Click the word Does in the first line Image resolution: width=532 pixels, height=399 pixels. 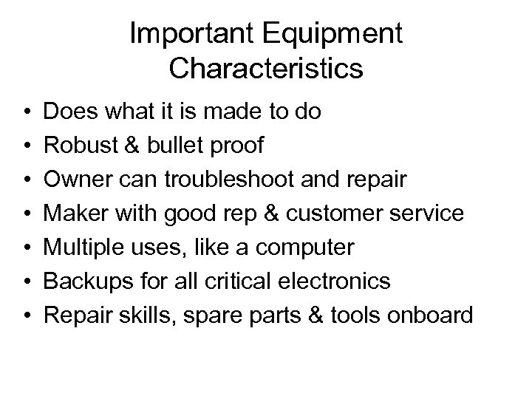point(69,112)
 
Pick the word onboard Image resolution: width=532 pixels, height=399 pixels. point(432,315)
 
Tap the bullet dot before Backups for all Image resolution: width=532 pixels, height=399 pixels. point(27,282)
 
